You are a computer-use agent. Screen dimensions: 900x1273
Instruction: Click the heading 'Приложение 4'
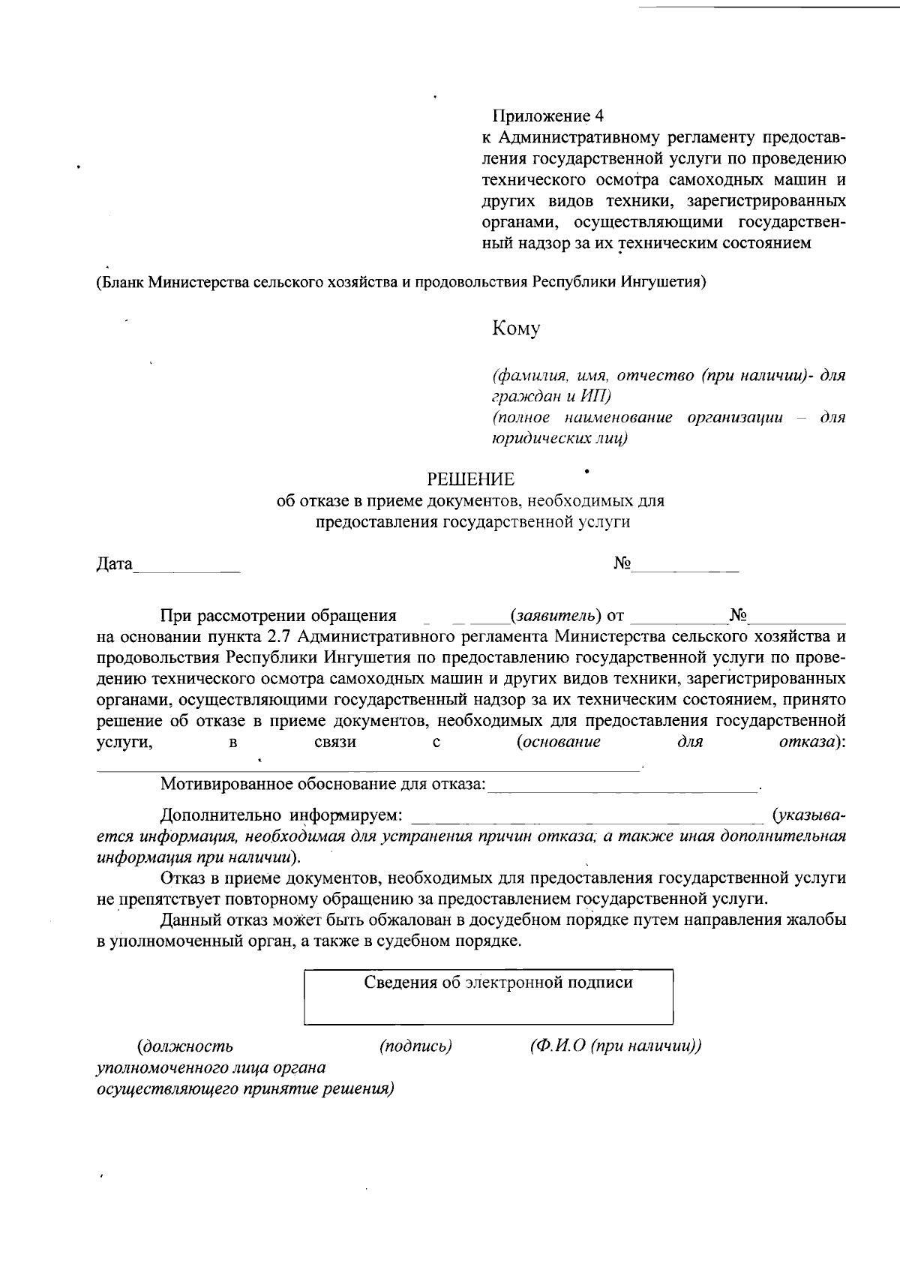click(x=547, y=116)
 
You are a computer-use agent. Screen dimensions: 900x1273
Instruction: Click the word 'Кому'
click(x=515, y=329)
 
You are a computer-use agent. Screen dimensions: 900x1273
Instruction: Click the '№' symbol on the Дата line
click(x=622, y=563)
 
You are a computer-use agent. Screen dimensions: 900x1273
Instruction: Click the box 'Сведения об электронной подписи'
click(x=488, y=997)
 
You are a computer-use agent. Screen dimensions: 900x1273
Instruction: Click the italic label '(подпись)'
click(x=415, y=1046)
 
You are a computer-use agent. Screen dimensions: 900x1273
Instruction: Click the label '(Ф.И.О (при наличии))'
click(x=615, y=1046)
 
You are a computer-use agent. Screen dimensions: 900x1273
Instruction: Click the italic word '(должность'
click(x=184, y=1046)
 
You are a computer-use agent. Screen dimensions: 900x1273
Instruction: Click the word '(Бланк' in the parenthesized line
click(x=119, y=283)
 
